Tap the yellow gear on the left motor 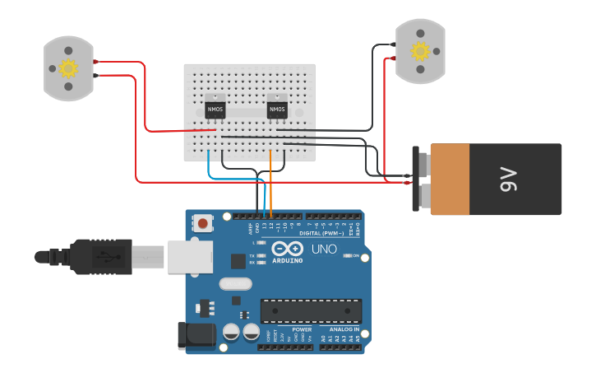click(x=69, y=68)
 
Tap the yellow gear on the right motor click(x=420, y=52)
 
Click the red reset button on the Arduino click(x=202, y=222)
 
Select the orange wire click(x=271, y=181)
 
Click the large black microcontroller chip click(x=311, y=310)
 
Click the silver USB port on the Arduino click(x=190, y=256)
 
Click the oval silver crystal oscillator click(x=235, y=284)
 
